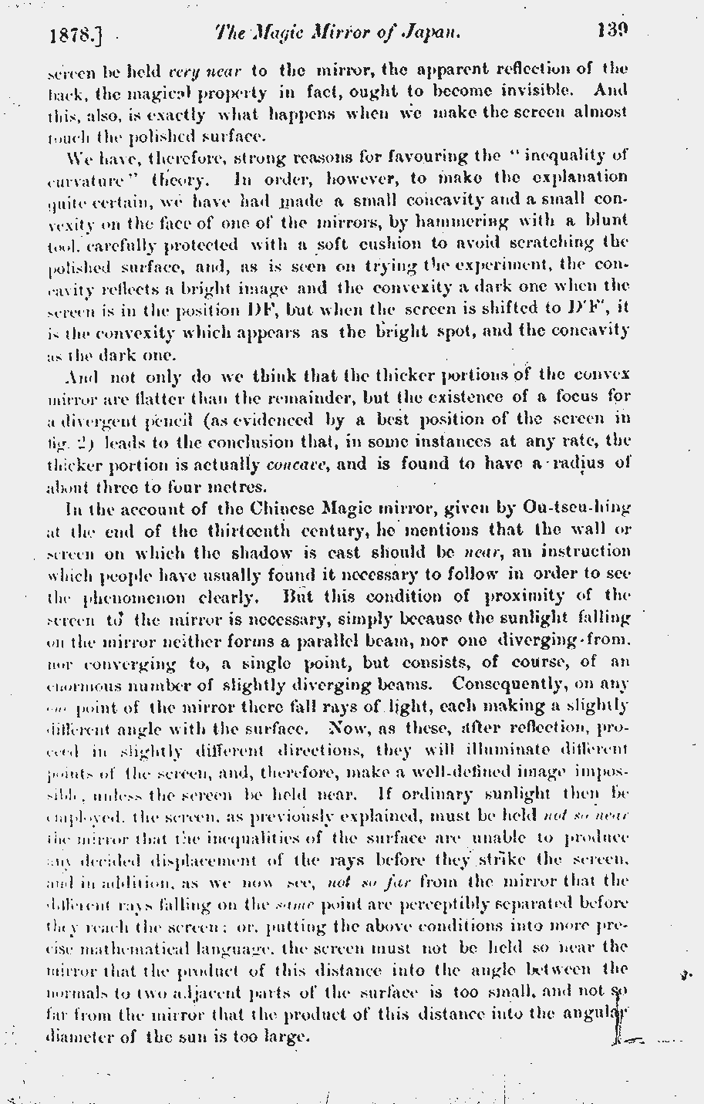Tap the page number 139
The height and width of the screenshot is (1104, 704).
[612, 32]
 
